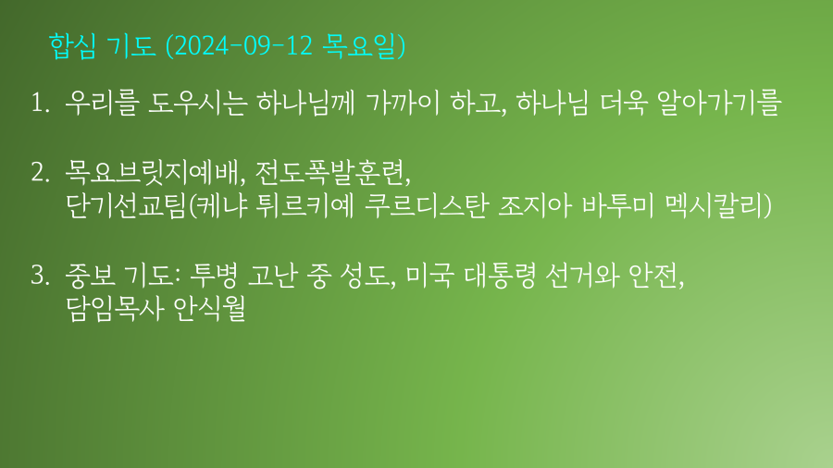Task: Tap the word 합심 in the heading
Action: click(x=72, y=45)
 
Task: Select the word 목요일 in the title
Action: click(x=360, y=45)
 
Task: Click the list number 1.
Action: click(x=40, y=103)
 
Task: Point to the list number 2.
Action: click(x=41, y=172)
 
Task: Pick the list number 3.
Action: click(x=41, y=275)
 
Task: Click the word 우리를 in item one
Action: click(x=102, y=102)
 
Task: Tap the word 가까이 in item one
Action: click(x=403, y=102)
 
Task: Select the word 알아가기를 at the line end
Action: click(x=719, y=102)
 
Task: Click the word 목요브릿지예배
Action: click(x=152, y=172)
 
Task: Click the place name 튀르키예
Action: click(x=305, y=206)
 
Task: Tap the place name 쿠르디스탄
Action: click(x=427, y=206)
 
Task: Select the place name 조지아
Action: click(x=535, y=206)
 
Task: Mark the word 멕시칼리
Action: click(x=714, y=206)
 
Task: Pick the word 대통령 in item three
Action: click(x=500, y=275)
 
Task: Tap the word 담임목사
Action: click(x=114, y=309)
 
